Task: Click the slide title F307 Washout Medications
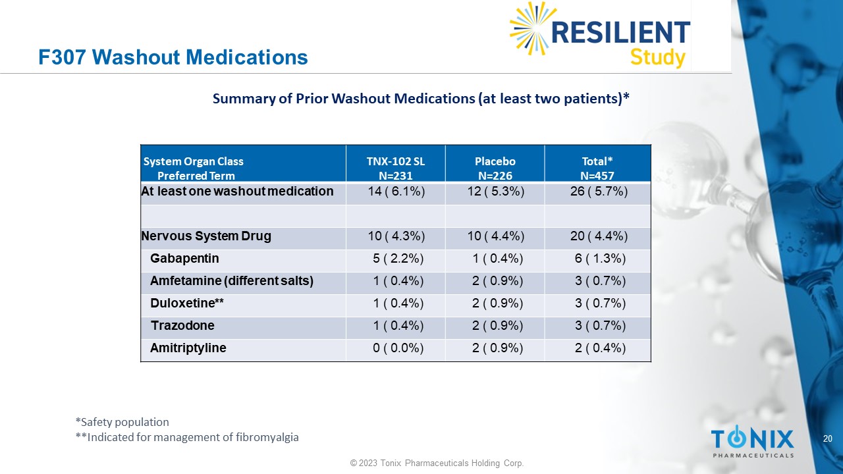pyautogui.click(x=173, y=57)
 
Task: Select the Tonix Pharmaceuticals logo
pyautogui.click(x=752, y=442)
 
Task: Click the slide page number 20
pyautogui.click(x=828, y=439)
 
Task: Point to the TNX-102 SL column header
pyautogui.click(x=395, y=169)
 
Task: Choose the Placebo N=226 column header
pyautogui.click(x=495, y=169)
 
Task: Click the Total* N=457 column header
pyautogui.click(x=597, y=169)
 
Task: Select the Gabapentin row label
pyautogui.click(x=184, y=259)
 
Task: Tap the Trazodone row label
pyautogui.click(x=182, y=326)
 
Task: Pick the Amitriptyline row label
pyautogui.click(x=188, y=348)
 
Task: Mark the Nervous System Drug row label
pyautogui.click(x=206, y=236)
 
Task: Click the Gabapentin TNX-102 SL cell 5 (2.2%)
pyautogui.click(x=398, y=259)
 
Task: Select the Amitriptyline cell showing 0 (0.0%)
pyautogui.click(x=398, y=348)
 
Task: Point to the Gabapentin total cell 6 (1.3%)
pyautogui.click(x=599, y=259)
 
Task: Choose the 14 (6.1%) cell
pyautogui.click(x=395, y=192)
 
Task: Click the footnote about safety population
pyautogui.click(x=122, y=422)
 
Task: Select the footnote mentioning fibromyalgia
pyautogui.click(x=187, y=437)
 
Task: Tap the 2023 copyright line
pyautogui.click(x=437, y=463)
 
